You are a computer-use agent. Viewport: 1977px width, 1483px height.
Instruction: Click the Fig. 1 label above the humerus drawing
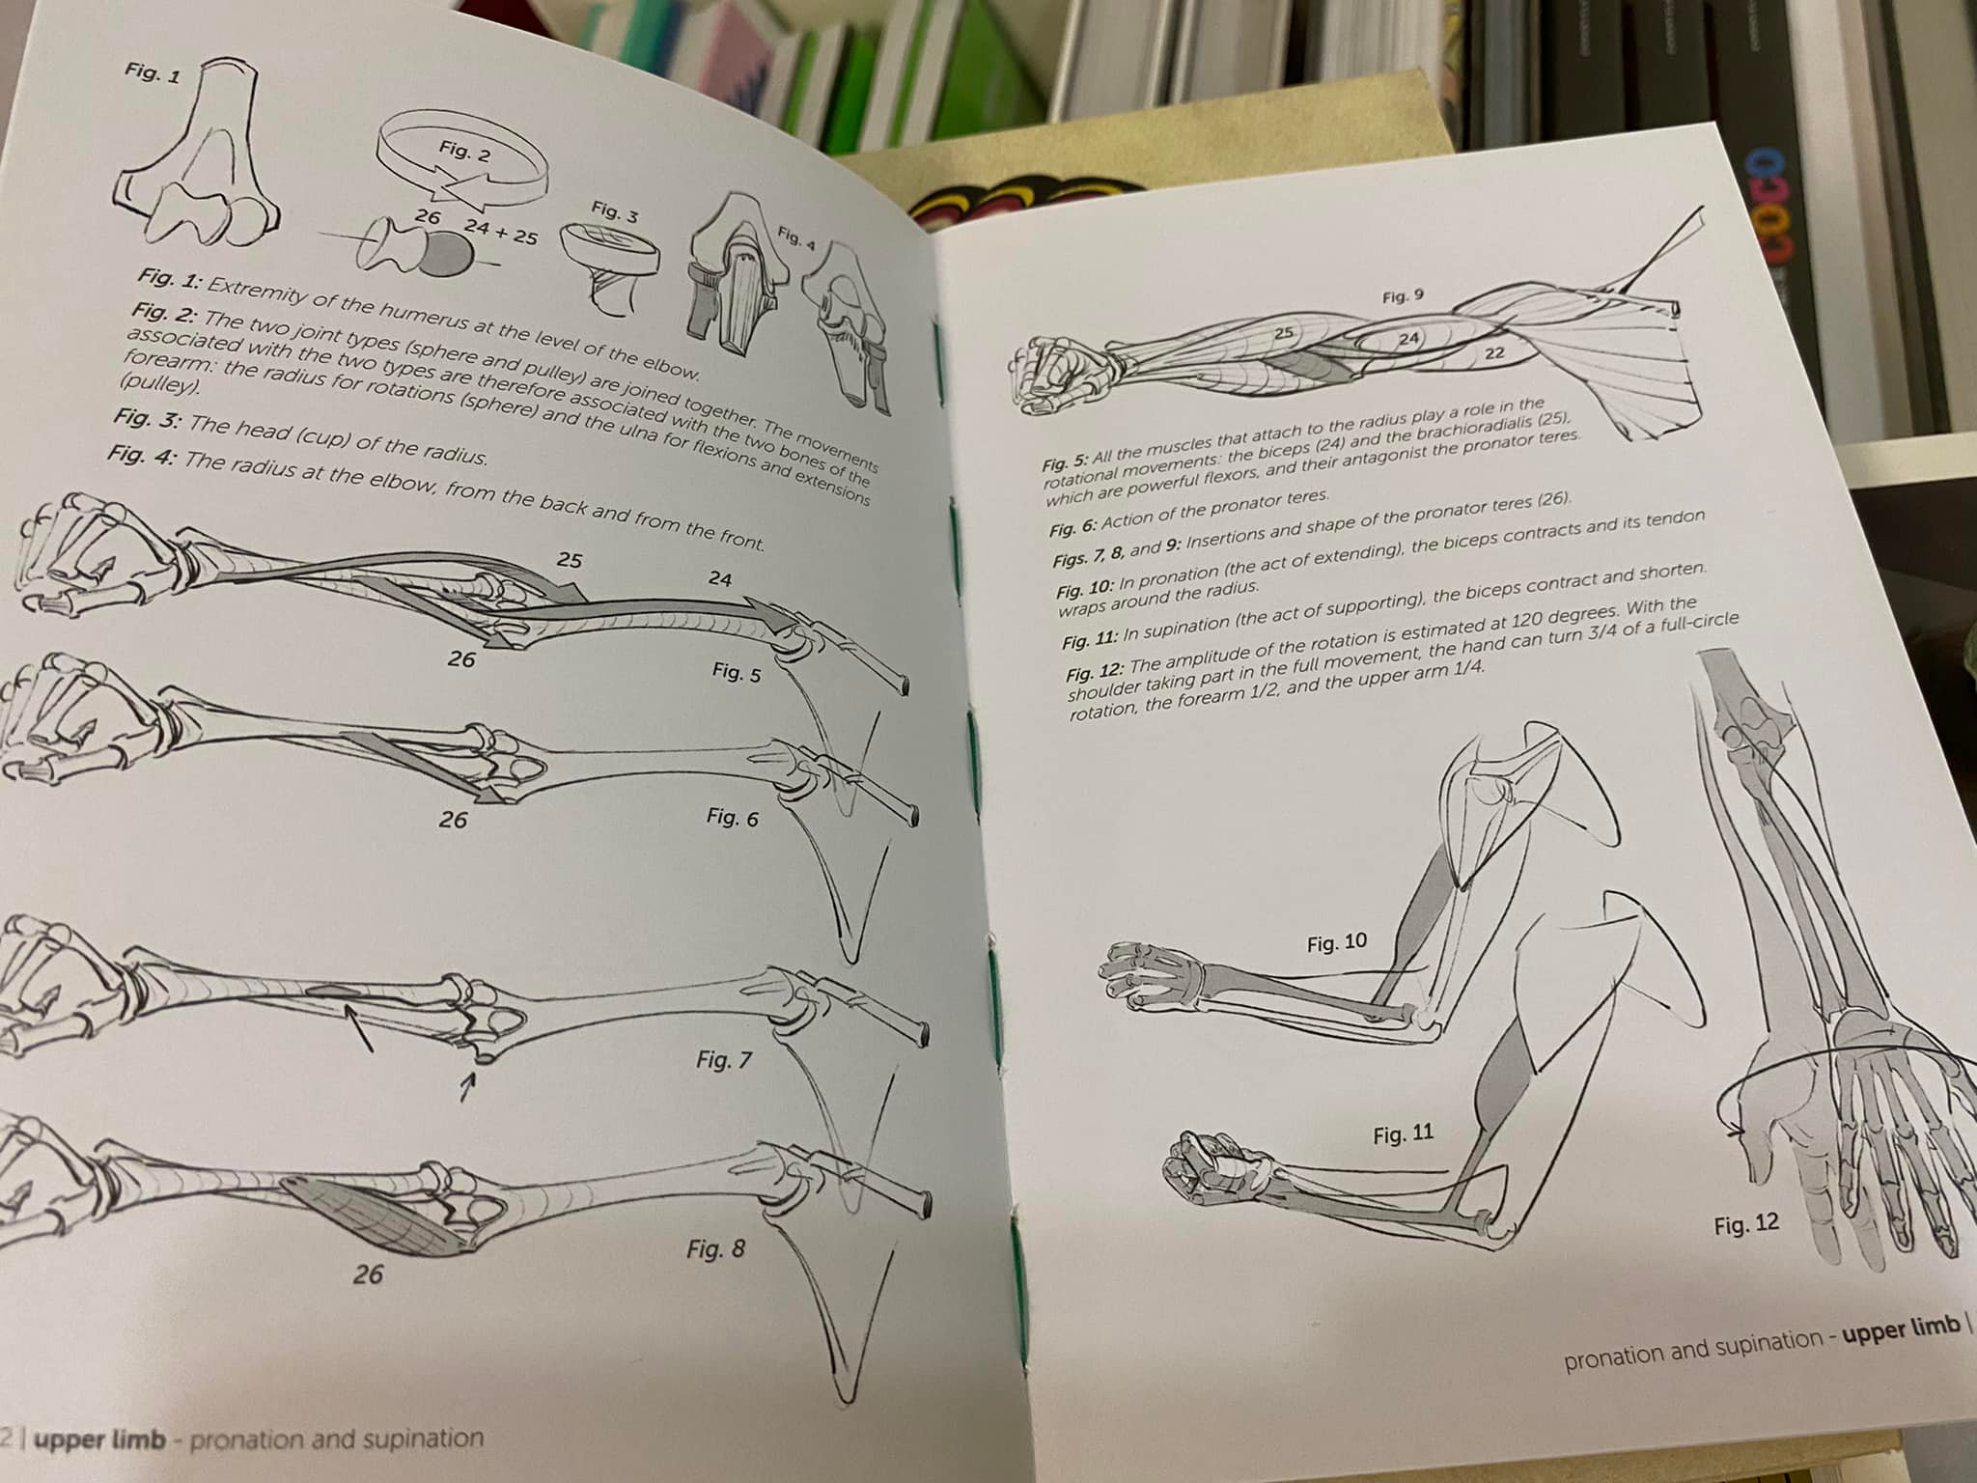153,73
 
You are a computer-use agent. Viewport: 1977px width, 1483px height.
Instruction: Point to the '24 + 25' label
500,232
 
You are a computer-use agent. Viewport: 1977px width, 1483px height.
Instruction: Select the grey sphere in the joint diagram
448,257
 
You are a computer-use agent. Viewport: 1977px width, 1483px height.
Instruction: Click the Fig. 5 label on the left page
736,672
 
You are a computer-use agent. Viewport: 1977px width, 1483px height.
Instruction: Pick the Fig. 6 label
732,817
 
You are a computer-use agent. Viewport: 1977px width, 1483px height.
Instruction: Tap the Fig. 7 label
723,1058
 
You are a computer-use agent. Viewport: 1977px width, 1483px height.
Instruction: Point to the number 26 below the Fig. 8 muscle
368,1274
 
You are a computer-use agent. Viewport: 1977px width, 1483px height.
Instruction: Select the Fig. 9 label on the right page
1403,296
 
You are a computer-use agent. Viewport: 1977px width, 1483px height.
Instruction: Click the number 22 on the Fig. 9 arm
1494,353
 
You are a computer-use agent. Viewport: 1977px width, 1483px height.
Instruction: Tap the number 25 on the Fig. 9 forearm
1283,333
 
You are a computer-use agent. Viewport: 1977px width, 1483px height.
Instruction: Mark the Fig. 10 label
1337,942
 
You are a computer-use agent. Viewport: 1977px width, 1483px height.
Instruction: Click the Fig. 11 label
1403,1134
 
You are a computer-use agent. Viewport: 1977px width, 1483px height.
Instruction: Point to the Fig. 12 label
1746,1224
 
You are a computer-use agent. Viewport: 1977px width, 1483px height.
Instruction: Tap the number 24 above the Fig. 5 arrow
719,578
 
